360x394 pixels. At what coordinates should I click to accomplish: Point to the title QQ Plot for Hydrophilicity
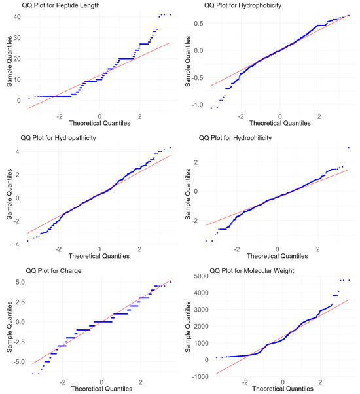coord(242,138)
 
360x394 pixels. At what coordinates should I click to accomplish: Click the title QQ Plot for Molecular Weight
coord(251,270)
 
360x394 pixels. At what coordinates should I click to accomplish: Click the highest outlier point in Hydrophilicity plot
coord(348,148)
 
